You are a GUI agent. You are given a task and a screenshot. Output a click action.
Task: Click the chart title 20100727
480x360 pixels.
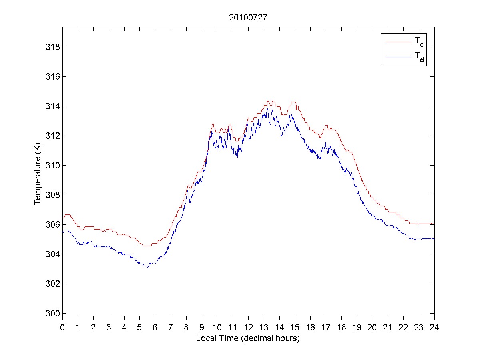coord(248,18)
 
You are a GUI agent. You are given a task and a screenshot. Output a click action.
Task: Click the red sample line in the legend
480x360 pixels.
coord(398,41)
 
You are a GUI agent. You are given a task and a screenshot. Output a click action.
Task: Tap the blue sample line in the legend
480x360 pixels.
coord(398,57)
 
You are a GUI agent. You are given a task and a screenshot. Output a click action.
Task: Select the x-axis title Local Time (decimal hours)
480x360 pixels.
coord(248,338)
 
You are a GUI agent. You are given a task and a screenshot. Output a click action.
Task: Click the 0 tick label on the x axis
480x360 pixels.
coord(62,327)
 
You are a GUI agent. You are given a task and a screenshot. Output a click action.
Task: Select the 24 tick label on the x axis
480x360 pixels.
coord(434,327)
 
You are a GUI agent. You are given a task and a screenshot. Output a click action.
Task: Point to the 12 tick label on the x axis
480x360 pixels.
coord(248,327)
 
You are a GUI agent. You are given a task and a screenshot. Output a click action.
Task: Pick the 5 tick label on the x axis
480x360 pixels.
coord(140,327)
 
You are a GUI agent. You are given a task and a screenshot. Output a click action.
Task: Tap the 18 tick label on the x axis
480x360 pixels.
coord(341,327)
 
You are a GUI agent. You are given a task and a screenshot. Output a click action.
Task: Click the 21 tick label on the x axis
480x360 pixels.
coord(388,327)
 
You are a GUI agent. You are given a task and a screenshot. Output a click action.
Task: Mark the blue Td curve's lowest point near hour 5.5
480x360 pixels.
coord(147,267)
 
